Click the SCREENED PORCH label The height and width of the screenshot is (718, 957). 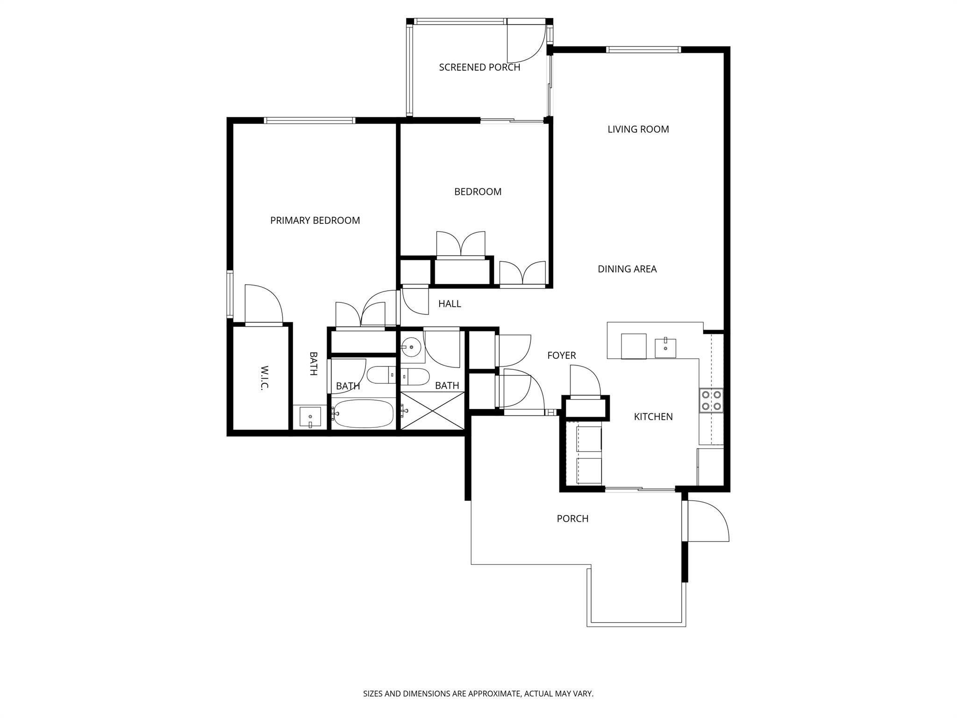479,67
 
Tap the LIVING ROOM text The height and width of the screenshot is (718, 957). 638,129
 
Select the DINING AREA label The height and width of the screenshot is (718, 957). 627,269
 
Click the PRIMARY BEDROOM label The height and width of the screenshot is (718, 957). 315,220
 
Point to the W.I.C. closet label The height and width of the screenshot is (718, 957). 265,378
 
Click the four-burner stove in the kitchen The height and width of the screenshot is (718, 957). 711,401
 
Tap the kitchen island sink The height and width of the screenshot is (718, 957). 665,347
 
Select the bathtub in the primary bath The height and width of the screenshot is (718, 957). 364,413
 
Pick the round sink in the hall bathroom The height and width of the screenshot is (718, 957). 411,347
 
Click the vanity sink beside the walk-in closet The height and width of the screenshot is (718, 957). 310,416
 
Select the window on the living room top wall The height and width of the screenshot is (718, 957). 643,50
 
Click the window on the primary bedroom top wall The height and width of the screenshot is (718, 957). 309,121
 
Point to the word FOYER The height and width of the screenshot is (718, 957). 561,355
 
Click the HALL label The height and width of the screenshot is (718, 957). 450,304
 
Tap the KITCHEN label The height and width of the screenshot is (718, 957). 653,416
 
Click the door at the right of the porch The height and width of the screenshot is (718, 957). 707,521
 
